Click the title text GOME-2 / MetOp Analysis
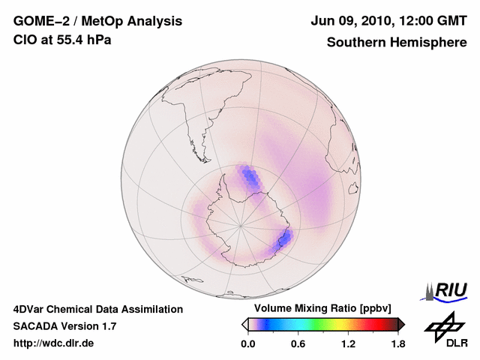point(97,21)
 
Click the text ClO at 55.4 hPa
point(62,40)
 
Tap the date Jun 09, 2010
point(349,21)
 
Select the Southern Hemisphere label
point(396,42)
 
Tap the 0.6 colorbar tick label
point(297,344)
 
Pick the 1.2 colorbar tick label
point(347,344)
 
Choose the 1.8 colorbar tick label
point(397,344)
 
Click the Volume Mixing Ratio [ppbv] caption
point(320,308)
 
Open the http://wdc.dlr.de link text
point(54,343)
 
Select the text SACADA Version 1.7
point(64,326)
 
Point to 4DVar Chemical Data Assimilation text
point(97,309)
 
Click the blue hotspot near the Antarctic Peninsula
point(250,178)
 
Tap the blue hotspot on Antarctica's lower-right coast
point(283,240)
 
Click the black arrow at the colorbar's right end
point(401,324)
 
